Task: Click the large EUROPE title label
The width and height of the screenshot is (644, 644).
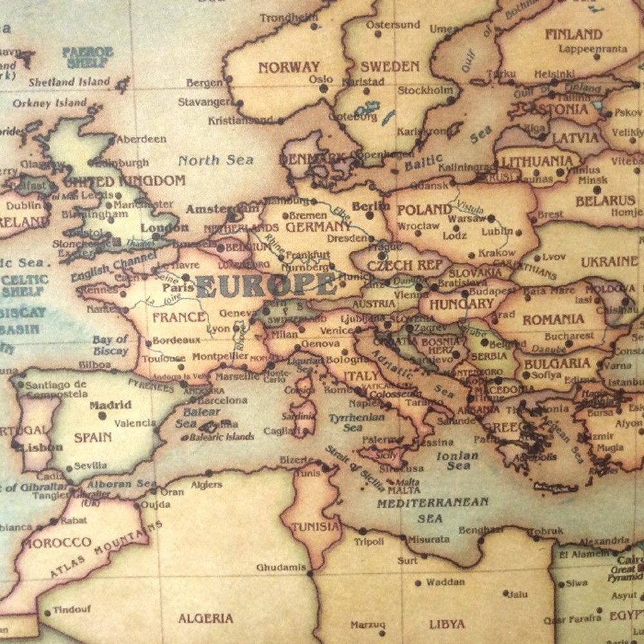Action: point(266,284)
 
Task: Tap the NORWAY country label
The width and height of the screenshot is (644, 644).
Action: point(289,67)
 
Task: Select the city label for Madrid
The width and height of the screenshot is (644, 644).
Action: point(110,405)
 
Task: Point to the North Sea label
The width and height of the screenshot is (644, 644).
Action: point(216,160)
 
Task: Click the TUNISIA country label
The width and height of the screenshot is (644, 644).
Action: point(316,526)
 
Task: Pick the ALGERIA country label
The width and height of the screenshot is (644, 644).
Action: point(206,618)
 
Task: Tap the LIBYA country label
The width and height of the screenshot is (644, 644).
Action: point(447,623)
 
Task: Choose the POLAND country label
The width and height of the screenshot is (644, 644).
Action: point(424,210)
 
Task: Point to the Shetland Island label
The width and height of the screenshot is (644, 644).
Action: point(70,82)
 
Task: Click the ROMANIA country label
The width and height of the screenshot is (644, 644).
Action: point(553,319)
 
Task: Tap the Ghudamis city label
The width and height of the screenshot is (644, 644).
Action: point(280,567)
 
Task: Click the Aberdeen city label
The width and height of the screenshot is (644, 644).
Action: point(142,138)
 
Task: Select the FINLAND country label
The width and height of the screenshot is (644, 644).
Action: point(573,34)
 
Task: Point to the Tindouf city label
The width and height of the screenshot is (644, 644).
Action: point(72,609)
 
